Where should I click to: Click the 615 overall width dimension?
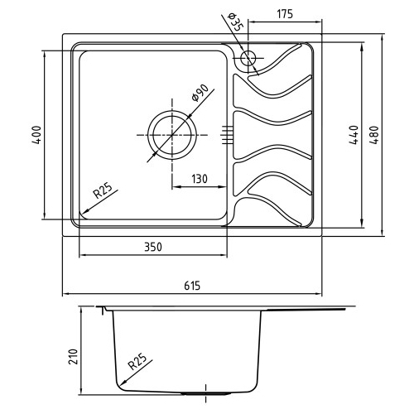(192, 286)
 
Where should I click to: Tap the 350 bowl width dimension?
(153, 247)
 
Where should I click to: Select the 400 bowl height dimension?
(36, 135)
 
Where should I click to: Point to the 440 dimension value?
(354, 135)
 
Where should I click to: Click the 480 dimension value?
(374, 135)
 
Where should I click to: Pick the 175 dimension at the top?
(285, 14)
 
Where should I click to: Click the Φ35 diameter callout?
(234, 22)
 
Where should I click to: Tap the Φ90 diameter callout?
(200, 93)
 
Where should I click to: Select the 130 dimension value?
(200, 179)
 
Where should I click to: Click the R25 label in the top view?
(103, 191)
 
